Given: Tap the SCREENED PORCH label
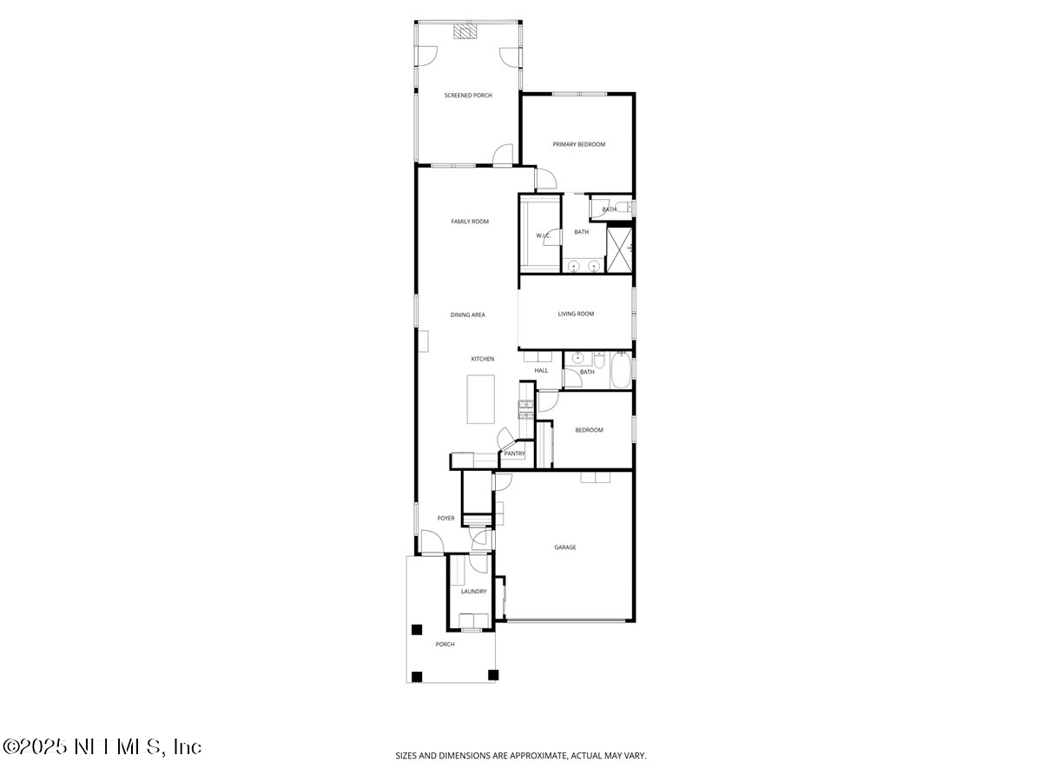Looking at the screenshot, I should tap(468, 96).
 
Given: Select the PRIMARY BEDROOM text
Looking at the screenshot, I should tap(579, 144).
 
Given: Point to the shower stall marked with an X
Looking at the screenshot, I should tap(618, 249).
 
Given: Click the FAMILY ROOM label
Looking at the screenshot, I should tap(469, 222).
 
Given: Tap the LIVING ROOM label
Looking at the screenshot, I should tap(576, 314).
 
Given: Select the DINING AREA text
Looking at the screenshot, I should tap(467, 315).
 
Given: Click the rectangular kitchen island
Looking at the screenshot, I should tap(480, 399).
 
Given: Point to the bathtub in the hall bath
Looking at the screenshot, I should tap(620, 372).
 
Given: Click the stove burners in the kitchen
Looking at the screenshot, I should tap(525, 408).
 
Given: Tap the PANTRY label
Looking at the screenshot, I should tap(514, 454).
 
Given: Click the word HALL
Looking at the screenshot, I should tap(541, 371).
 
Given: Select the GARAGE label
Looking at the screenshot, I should tap(565, 547).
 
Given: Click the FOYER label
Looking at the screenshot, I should tap(445, 519).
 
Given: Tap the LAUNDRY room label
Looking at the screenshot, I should tap(473, 592).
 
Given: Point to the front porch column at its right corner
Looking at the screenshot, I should tap(493, 674).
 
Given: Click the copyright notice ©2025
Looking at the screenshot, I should tap(35, 747).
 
